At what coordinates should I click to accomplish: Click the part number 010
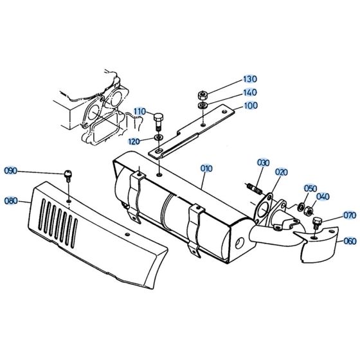click(x=206, y=168)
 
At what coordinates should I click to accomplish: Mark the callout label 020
click(x=281, y=172)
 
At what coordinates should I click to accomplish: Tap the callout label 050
click(x=310, y=188)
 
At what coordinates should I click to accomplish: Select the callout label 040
click(x=323, y=197)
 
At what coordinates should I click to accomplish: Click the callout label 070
click(x=349, y=215)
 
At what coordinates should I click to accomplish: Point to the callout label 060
click(x=349, y=242)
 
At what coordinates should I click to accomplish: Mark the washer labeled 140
click(x=203, y=105)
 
